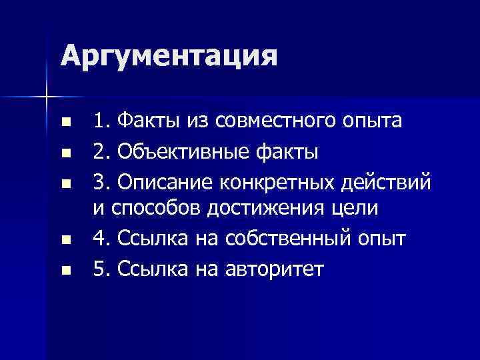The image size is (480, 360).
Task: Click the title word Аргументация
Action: click(169, 56)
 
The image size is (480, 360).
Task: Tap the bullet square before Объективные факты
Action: click(65, 153)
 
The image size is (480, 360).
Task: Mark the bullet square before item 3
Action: click(65, 182)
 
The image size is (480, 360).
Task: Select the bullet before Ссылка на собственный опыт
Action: click(65, 239)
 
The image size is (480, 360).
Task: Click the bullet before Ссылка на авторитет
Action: click(65, 269)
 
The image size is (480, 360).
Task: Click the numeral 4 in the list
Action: click(99, 239)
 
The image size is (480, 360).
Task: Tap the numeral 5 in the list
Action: click(99, 268)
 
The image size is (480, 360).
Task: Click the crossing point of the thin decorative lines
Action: click(46, 97)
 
